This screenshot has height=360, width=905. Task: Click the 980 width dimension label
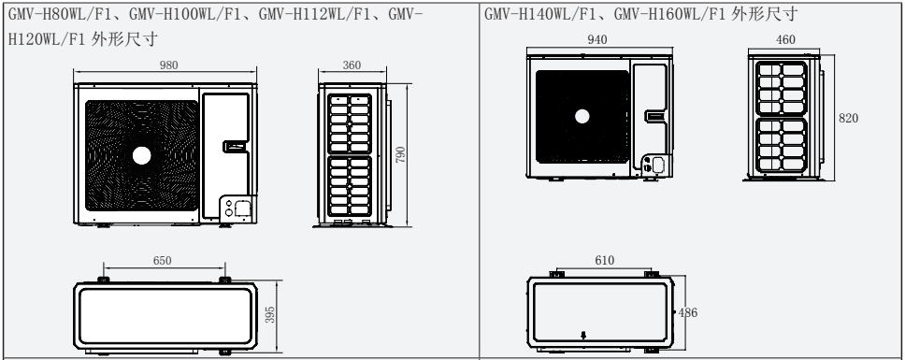[x=168, y=65]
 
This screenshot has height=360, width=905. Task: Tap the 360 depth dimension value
[x=352, y=65]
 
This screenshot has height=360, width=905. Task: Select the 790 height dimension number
[x=400, y=154]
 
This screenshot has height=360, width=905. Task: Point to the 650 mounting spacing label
[x=162, y=261]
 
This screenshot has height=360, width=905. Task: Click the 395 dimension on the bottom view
[x=269, y=314]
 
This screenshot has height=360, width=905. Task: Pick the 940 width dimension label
[x=597, y=40]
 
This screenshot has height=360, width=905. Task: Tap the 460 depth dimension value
[x=785, y=40]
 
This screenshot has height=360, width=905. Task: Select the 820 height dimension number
[x=849, y=118]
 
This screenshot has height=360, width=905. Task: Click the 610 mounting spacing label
[x=604, y=261]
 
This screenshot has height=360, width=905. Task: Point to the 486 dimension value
[x=687, y=312]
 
